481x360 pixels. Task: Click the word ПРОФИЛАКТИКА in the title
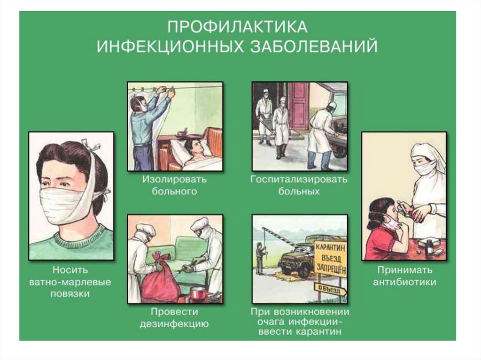[237, 27]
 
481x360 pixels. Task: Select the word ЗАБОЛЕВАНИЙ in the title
[314, 47]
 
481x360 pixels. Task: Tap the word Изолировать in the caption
[174, 179]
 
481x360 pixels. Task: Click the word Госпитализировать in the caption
[299, 179]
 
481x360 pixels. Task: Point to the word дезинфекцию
[174, 324]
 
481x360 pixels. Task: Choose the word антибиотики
[404, 282]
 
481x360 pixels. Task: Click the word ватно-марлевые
[70, 282]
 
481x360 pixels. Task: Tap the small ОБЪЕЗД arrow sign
[330, 289]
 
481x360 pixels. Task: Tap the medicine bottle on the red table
[430, 247]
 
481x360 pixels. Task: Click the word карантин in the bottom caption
[319, 332]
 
